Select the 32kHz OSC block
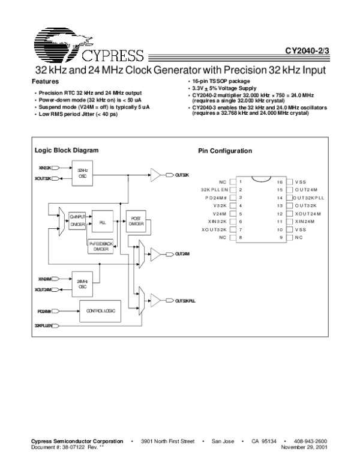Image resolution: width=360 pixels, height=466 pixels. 83,174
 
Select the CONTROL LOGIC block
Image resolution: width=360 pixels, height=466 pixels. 100,312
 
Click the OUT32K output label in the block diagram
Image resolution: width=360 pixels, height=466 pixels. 182,175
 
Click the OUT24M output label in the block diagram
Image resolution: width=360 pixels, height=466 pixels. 182,255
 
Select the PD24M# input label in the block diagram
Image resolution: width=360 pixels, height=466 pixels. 44,312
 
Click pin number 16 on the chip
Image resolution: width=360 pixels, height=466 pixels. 279,181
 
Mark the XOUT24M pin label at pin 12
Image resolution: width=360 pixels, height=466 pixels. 308,213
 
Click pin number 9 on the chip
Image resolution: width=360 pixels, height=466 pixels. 280,238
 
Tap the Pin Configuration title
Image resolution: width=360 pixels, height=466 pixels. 225,151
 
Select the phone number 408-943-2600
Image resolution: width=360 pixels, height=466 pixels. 310,441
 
